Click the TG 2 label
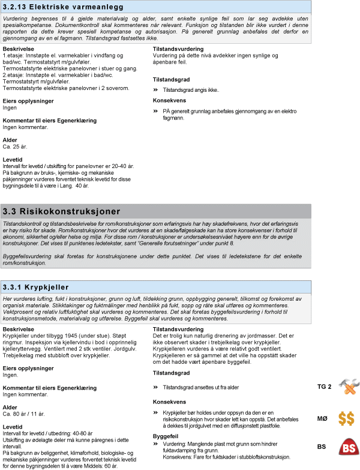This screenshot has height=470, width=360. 324,387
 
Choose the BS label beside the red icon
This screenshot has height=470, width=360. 322,447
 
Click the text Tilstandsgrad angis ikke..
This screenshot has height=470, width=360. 191,90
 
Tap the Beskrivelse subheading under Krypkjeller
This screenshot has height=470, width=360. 19,330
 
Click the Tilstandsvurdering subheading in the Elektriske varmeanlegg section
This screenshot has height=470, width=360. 179,49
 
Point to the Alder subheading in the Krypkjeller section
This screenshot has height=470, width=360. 11,407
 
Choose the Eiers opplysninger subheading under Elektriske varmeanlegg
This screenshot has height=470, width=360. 28,100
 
